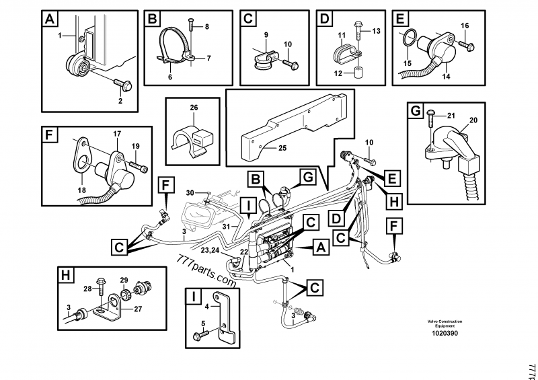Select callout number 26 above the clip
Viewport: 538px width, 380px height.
pyautogui.click(x=194, y=108)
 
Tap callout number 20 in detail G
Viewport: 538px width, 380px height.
pyautogui.click(x=473, y=120)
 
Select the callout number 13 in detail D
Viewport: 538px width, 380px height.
pyautogui.click(x=376, y=31)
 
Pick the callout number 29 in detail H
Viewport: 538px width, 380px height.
pyautogui.click(x=124, y=279)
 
